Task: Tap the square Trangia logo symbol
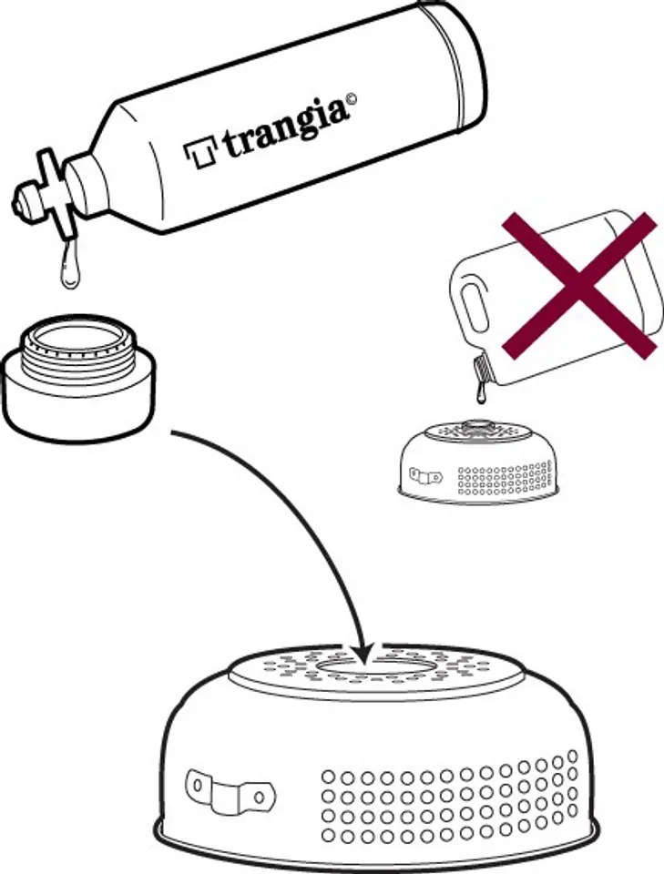tap(199, 153)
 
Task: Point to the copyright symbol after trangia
tap(352, 101)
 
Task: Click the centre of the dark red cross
tap(580, 286)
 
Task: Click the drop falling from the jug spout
tap(479, 394)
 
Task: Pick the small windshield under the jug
tap(478, 462)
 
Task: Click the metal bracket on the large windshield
tap(230, 787)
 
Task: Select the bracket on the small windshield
tap(424, 476)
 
